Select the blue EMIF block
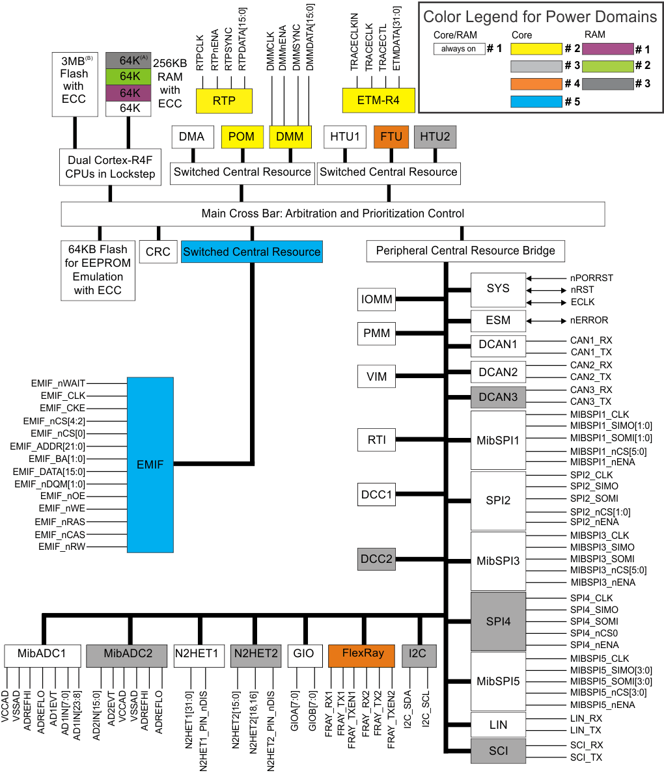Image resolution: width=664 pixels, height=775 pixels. click(150, 464)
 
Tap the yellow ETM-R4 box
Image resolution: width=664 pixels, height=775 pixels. click(378, 101)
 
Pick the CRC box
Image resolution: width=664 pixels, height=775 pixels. click(158, 252)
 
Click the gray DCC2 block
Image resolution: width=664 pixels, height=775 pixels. click(376, 559)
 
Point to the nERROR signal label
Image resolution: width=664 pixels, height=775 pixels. click(589, 320)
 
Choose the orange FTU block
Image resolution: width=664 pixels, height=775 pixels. click(391, 137)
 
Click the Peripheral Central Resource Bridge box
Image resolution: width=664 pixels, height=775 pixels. click(465, 251)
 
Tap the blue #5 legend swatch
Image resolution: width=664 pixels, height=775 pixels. click(536, 102)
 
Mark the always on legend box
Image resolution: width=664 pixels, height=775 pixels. click(459, 49)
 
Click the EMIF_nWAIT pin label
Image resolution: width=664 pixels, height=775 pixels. click(58, 383)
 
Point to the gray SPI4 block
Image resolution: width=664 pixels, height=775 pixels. click(498, 621)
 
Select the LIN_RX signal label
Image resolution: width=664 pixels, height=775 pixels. click(586, 718)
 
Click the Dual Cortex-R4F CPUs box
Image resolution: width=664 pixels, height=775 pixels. click(110, 168)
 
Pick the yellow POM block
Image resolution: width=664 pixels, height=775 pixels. click(242, 137)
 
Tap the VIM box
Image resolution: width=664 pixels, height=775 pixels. click(376, 376)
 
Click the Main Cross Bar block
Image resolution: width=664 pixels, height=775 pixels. click(333, 213)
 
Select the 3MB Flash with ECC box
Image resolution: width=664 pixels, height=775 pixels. click(74, 85)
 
